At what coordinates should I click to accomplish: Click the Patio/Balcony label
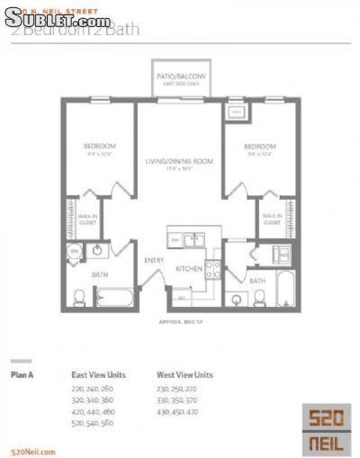[x=181, y=76]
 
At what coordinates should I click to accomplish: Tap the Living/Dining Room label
[x=179, y=161]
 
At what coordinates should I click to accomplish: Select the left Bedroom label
[x=99, y=146]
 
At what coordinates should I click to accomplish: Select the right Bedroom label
[x=260, y=146]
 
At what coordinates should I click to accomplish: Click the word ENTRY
[x=154, y=260]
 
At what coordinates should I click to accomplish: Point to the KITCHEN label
[x=189, y=269]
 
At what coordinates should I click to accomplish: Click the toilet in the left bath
[x=79, y=298]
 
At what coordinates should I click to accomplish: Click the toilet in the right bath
[x=260, y=298]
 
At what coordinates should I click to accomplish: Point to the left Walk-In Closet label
[x=87, y=219]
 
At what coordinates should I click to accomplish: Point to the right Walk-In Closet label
[x=272, y=219]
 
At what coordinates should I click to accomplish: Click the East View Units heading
[x=98, y=375]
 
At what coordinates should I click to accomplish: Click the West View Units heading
[x=184, y=375]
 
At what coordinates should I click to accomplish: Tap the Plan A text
[x=22, y=375]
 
